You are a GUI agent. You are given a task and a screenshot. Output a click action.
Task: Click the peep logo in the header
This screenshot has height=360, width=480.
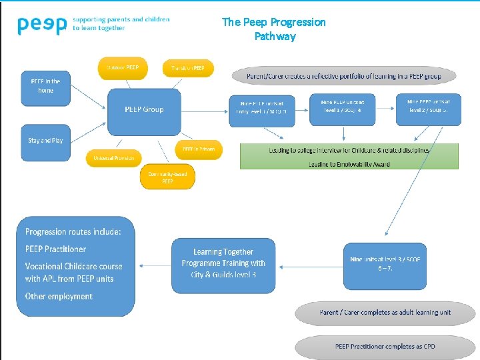pyautogui.click(x=42, y=25)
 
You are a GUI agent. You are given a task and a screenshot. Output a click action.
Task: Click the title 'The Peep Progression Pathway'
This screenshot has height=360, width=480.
pyautogui.click(x=274, y=29)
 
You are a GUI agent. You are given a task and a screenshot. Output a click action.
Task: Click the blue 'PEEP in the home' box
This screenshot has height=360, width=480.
pyautogui.click(x=45, y=86)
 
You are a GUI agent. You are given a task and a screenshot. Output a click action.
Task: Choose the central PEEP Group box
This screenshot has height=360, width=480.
pyautogui.click(x=144, y=110)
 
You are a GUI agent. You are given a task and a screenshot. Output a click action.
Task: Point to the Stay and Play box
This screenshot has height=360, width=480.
pyautogui.click(x=45, y=141)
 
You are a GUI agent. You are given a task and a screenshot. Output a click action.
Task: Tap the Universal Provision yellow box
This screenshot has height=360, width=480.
pyautogui.click(x=113, y=158)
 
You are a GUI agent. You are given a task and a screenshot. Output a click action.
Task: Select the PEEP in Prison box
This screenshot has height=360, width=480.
pyautogui.click(x=199, y=149)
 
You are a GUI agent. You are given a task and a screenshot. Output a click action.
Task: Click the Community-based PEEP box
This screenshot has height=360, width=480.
pyautogui.click(x=167, y=177)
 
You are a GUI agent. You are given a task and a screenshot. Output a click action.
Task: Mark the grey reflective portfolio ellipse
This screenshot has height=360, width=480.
pyautogui.click(x=343, y=77)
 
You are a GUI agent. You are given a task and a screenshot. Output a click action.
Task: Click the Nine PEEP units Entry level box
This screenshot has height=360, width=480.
pyautogui.click(x=262, y=108)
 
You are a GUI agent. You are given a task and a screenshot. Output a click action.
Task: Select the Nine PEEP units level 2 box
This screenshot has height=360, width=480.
pyautogui.click(x=428, y=107)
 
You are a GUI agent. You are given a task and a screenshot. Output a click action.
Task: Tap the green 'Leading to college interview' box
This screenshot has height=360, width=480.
pyautogui.click(x=349, y=156)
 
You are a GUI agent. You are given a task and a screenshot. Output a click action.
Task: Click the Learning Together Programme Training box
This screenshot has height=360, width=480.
pyautogui.click(x=223, y=264)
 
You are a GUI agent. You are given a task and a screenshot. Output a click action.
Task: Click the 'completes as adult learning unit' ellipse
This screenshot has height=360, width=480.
pyautogui.click(x=385, y=313)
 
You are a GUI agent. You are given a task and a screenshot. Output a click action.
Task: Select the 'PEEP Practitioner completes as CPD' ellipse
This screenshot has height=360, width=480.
pyautogui.click(x=385, y=347)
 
